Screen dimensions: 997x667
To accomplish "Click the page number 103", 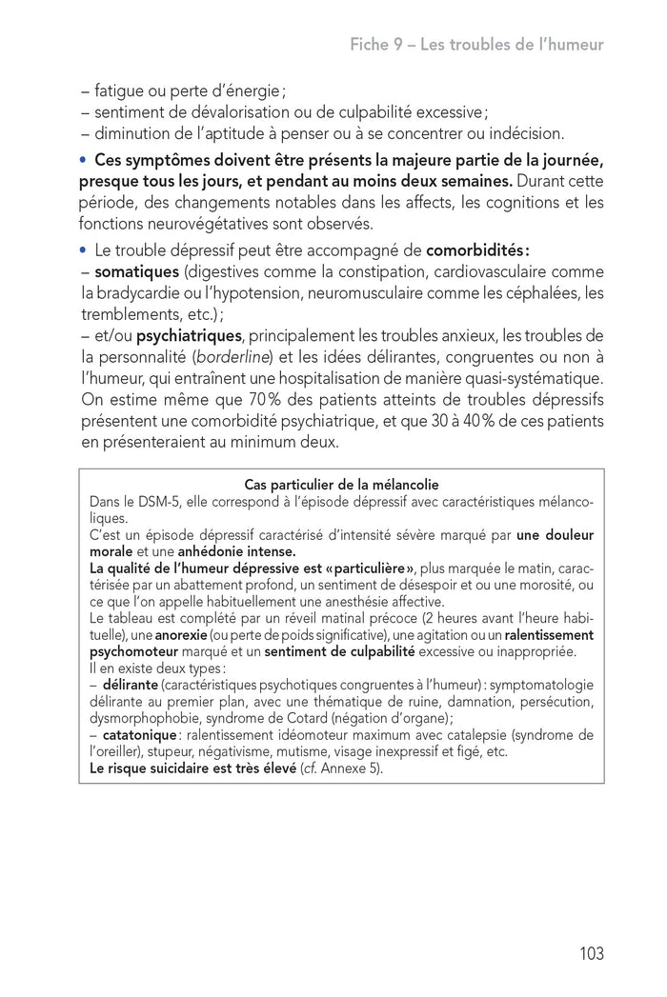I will [x=591, y=953].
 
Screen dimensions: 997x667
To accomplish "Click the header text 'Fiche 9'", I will [x=377, y=45].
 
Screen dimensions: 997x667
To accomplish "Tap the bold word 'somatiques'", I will [x=137, y=272].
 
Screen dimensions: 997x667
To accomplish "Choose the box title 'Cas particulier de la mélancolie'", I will [x=341, y=485].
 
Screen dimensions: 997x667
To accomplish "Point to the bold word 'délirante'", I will [x=131, y=685].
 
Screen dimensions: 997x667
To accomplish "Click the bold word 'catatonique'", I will [x=139, y=735].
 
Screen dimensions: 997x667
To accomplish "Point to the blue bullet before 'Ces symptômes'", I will [x=84, y=157].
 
